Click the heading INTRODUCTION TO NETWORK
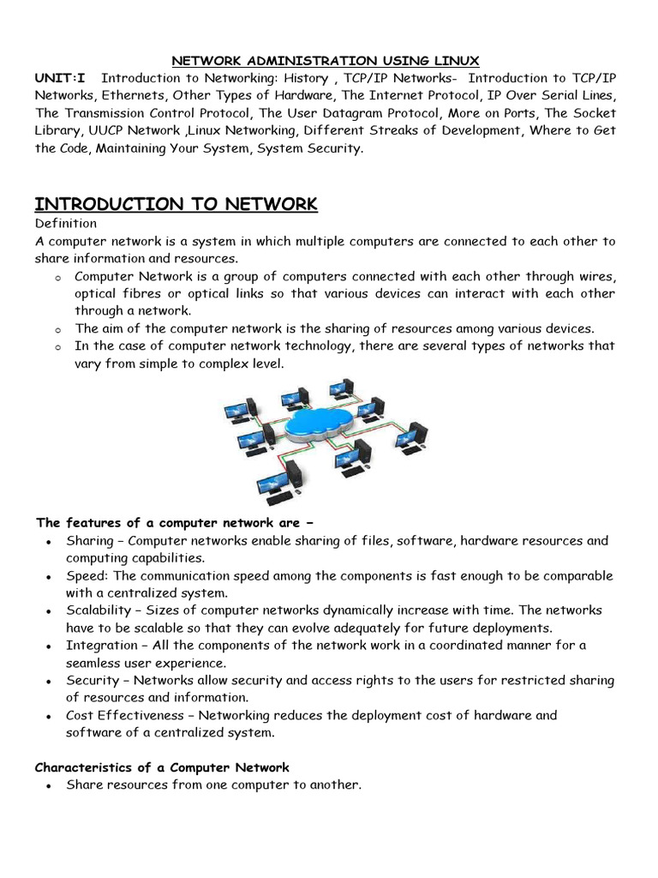[176, 204]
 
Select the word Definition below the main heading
[65, 224]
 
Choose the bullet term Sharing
[89, 541]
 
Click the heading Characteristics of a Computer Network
[162, 767]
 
